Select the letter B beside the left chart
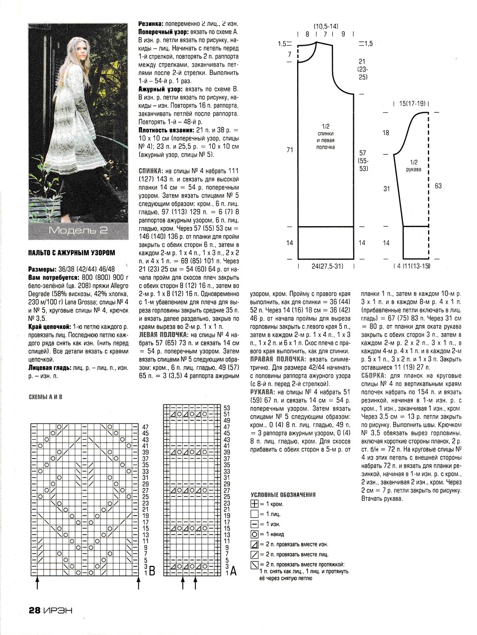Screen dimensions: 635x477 coord(152,572)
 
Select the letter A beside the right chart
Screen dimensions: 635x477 coord(233,572)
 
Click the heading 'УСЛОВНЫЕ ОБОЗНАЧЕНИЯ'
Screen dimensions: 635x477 coord(283,495)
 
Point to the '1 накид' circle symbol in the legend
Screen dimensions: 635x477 coord(255,535)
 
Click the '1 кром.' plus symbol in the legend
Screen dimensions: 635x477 coord(255,504)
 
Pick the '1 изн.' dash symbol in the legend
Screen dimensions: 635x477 coord(255,524)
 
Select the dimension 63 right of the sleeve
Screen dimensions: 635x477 coord(438,186)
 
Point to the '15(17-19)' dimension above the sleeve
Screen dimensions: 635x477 coord(412,104)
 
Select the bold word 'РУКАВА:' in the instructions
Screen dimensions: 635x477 coord(263,393)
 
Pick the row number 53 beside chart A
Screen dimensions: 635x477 coord(227,407)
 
